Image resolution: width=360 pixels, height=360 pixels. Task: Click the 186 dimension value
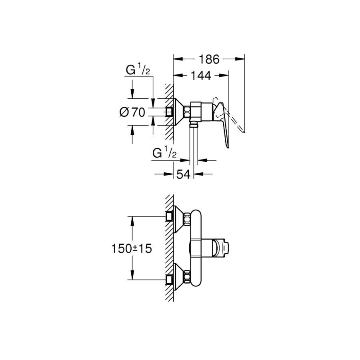click(209, 59)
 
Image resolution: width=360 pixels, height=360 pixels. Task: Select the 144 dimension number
click(201, 76)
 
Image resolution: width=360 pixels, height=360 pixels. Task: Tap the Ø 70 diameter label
click(132, 112)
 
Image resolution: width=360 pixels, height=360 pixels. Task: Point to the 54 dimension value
click(184, 174)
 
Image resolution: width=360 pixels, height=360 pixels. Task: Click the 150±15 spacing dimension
click(132, 248)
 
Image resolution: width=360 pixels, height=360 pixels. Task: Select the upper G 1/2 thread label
click(138, 70)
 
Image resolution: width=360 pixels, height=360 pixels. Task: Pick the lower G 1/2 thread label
click(164, 153)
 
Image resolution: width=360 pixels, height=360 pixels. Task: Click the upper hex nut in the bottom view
click(187, 219)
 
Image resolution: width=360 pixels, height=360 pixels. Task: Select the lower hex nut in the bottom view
click(187, 277)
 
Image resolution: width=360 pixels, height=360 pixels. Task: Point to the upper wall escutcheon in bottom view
click(178, 219)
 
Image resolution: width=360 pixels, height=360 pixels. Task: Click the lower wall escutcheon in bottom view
click(178, 277)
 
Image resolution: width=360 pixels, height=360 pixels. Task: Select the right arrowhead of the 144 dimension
click(224, 75)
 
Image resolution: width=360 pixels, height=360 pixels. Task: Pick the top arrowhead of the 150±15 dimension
click(132, 221)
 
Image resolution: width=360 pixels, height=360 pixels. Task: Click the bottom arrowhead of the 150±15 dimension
click(132, 275)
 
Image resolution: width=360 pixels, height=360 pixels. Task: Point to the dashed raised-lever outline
click(230, 115)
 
